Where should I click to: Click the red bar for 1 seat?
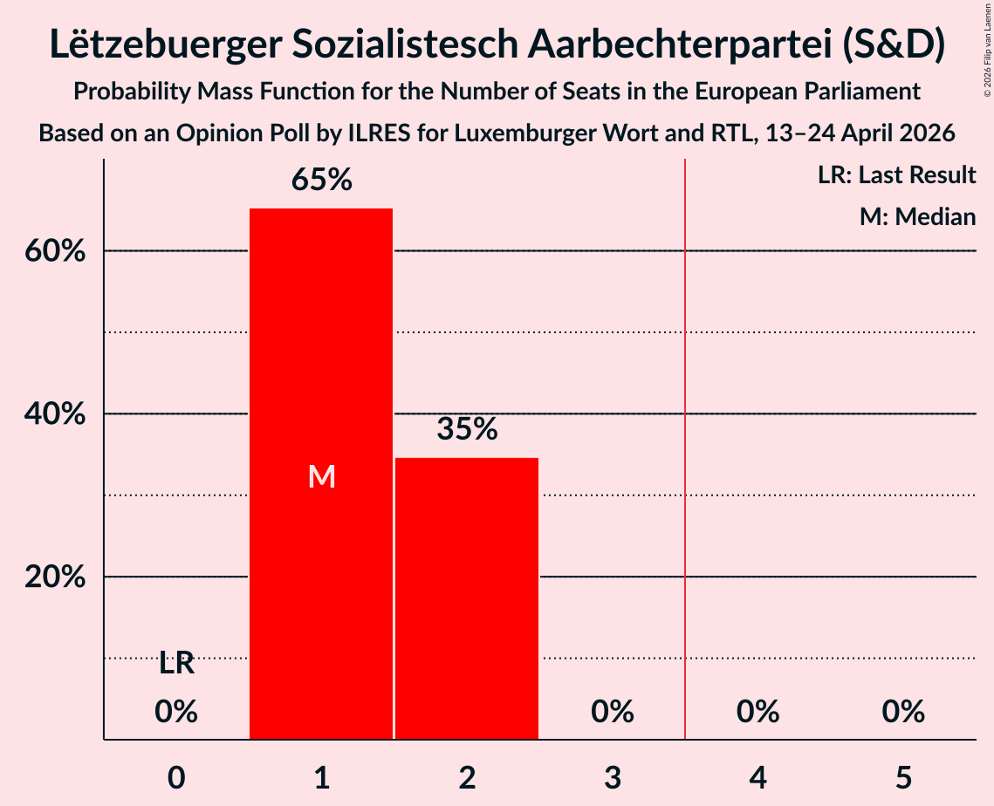pos(321,474)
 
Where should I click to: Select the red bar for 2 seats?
pos(467,598)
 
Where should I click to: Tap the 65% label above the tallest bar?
pos(321,180)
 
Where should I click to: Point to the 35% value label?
pos(467,429)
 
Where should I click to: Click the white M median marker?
pos(321,476)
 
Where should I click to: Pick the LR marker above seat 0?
pos(176,664)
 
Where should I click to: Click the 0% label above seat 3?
pos(613,712)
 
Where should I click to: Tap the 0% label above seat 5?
pos(903,712)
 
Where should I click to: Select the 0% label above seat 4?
pos(757,712)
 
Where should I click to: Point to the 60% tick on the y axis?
pos(55,251)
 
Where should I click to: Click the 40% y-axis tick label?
pos(55,413)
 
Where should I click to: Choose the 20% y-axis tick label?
pos(55,577)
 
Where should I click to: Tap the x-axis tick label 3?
pos(613,777)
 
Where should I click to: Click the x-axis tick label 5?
pos(903,777)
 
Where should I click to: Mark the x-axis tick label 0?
pos(176,777)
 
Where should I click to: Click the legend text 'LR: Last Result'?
pos(896,174)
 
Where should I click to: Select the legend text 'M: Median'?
pos(917,216)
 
